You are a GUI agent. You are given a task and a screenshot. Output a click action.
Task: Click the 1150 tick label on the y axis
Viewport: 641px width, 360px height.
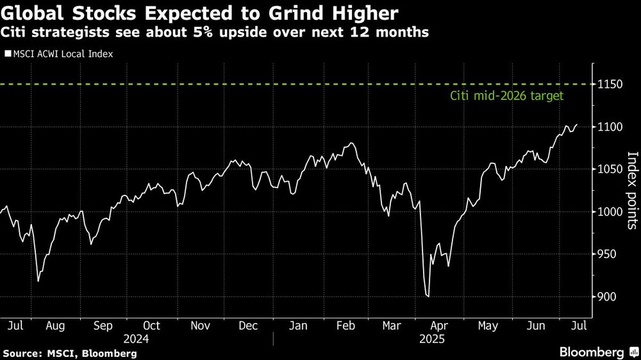tap(611, 85)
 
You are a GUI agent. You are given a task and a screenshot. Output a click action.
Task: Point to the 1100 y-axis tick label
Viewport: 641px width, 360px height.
tap(611, 127)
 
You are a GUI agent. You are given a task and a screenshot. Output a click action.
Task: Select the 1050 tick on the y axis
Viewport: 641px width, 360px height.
tap(611, 169)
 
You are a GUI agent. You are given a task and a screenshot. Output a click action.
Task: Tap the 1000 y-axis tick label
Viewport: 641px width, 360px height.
tap(611, 211)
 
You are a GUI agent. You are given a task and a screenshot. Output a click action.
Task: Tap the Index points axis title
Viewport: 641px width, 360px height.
tap(631, 190)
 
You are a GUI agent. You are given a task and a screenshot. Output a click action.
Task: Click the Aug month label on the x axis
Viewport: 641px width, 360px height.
tap(55, 325)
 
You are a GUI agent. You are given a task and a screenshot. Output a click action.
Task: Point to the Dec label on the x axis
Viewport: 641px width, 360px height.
tap(248, 325)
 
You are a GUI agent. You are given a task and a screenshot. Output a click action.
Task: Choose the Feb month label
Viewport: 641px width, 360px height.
tap(345, 325)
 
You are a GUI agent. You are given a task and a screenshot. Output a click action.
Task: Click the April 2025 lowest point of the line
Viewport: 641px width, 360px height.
tap(428, 297)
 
